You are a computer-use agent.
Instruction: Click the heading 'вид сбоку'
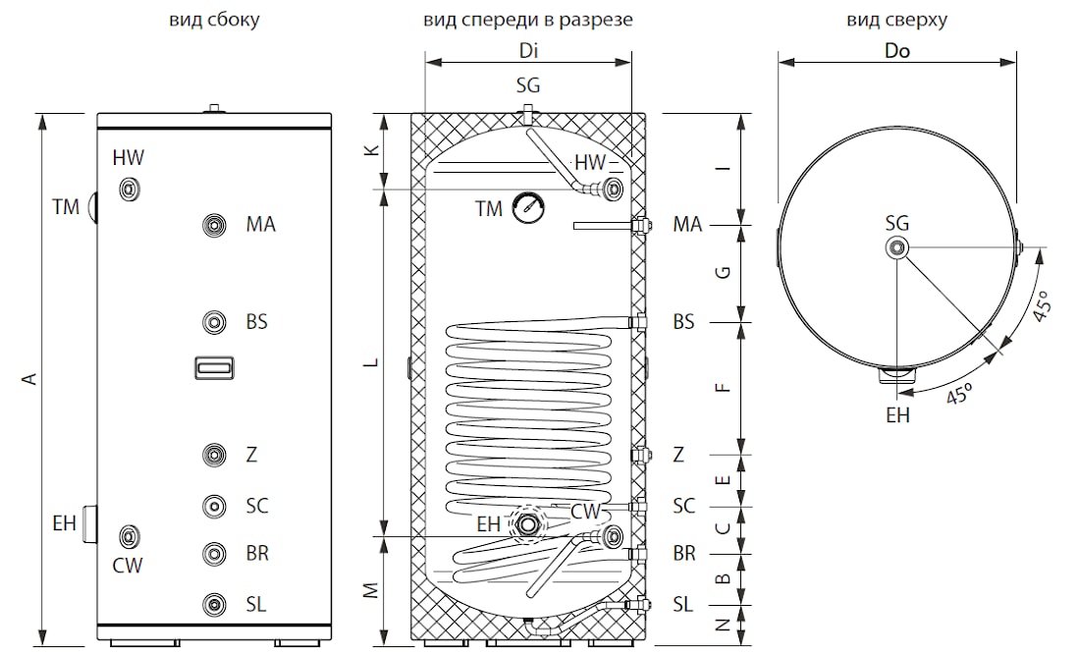point(214,20)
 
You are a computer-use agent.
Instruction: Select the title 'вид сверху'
point(896,20)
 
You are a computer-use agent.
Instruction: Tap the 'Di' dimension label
point(528,51)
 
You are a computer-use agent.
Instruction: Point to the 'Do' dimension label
point(896,51)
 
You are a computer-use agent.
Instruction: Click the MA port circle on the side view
point(214,225)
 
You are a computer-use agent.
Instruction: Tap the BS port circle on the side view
point(214,322)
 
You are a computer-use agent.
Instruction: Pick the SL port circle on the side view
point(214,605)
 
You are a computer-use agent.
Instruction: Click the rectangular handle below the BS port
point(214,368)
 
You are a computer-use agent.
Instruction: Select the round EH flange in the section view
point(527,524)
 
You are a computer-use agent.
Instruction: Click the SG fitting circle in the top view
point(896,247)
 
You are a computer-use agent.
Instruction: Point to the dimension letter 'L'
point(373,362)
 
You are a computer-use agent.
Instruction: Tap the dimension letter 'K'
point(373,150)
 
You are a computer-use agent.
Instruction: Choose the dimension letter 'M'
point(372,590)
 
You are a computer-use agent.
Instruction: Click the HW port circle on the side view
point(129,189)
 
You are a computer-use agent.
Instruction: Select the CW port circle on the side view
point(129,536)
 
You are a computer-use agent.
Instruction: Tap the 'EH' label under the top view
point(897,415)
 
